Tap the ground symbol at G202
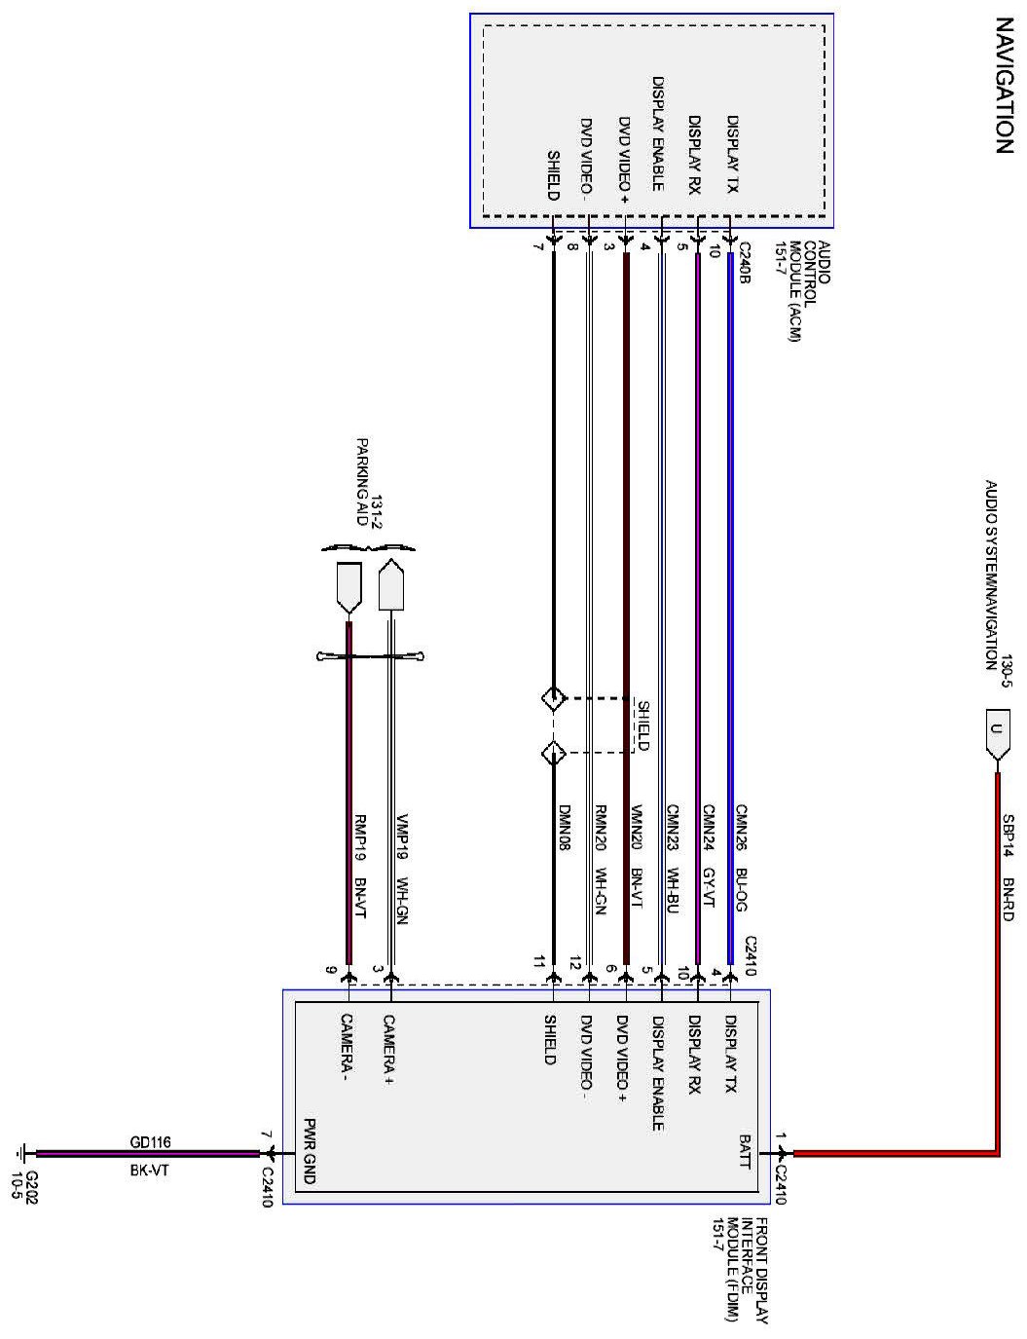(20, 1155)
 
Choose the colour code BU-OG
(739, 889)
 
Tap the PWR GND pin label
(310, 1150)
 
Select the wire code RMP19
(358, 832)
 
